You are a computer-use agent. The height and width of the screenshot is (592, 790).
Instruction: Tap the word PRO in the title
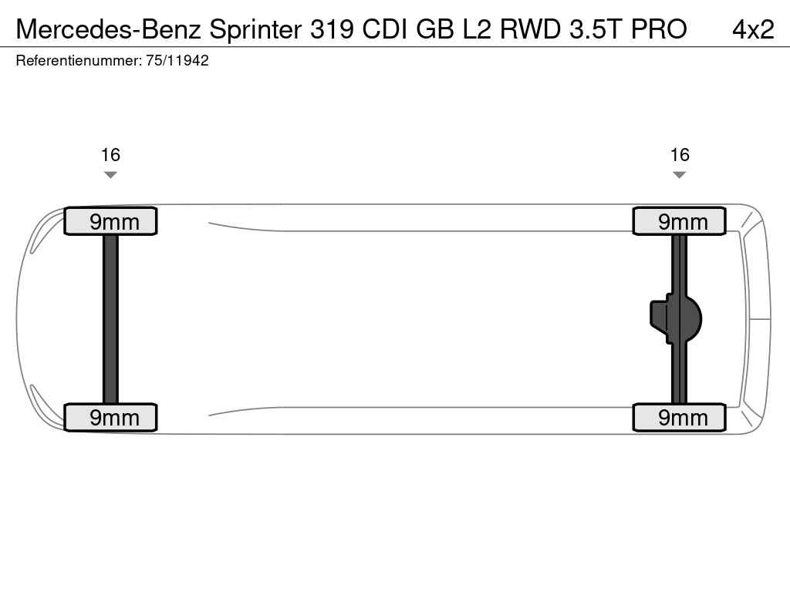tap(659, 29)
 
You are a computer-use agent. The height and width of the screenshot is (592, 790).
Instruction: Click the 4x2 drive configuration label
tap(753, 29)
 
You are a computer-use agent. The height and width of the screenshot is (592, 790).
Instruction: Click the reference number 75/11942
tap(177, 61)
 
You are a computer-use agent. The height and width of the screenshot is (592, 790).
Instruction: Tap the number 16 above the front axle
tap(110, 155)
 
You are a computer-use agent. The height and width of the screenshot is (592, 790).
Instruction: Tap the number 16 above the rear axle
tap(679, 155)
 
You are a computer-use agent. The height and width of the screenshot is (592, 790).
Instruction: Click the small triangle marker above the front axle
tap(110, 175)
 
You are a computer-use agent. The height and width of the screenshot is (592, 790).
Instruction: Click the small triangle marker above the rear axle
tap(679, 175)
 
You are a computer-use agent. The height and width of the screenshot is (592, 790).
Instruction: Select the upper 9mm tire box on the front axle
tap(110, 221)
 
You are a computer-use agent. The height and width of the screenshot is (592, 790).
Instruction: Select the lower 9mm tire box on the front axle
tap(110, 417)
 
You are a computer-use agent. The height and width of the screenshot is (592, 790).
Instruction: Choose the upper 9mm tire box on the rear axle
tap(679, 221)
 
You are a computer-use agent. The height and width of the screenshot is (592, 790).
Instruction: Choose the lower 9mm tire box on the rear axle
tap(679, 417)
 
